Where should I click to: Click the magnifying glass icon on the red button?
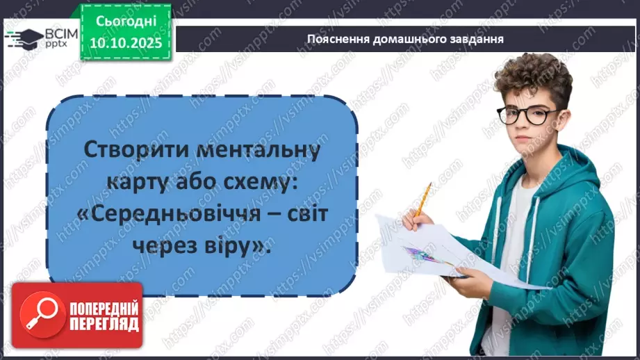pyautogui.click(x=35, y=315)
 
